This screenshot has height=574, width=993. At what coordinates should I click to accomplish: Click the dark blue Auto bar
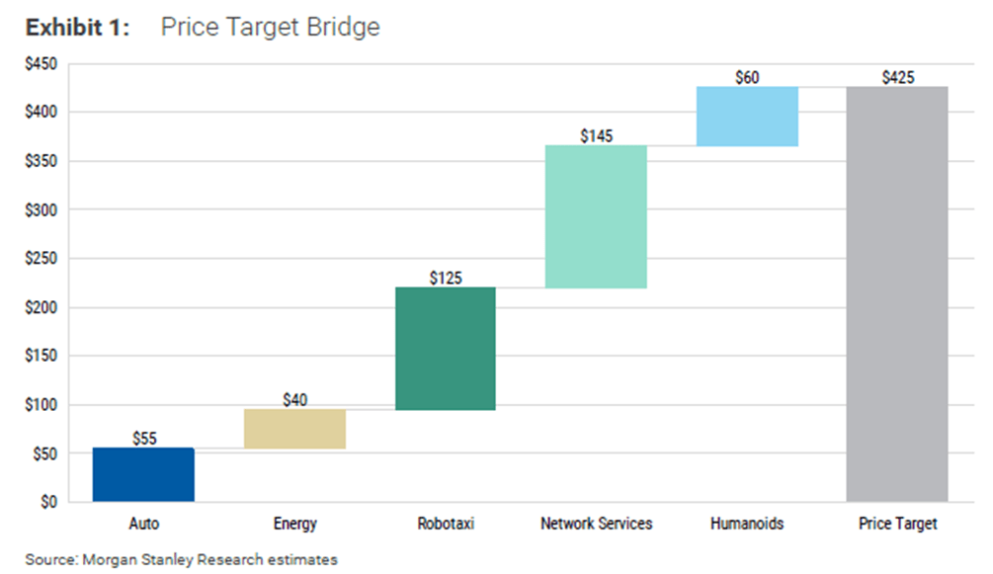tap(143, 475)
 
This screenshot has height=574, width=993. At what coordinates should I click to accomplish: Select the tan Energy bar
tap(294, 429)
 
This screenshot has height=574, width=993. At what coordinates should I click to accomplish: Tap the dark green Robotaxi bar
tap(446, 349)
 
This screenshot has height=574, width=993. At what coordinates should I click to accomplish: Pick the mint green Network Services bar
tap(597, 216)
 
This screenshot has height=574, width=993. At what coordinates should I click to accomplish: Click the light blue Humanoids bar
tap(747, 117)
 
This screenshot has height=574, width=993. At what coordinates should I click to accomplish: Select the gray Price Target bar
tap(897, 293)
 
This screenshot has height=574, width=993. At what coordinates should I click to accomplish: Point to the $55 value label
tap(143, 438)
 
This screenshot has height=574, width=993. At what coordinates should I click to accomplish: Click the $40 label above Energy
tap(294, 399)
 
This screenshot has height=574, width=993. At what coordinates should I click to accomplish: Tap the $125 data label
tap(446, 278)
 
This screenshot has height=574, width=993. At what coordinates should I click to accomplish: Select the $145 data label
tap(597, 135)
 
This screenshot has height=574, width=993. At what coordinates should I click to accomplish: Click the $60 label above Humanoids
tap(747, 77)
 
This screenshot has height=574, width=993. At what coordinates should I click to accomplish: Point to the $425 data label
tap(897, 77)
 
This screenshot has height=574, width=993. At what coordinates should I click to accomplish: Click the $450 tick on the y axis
tap(41, 65)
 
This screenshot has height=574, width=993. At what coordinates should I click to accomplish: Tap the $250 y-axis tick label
tap(41, 259)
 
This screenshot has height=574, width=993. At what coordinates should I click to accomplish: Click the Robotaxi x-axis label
tap(446, 524)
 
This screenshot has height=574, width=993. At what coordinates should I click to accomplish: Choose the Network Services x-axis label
tap(597, 524)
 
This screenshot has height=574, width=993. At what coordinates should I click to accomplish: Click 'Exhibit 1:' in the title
tap(77, 27)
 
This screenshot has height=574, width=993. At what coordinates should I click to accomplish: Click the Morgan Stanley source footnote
tap(182, 559)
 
